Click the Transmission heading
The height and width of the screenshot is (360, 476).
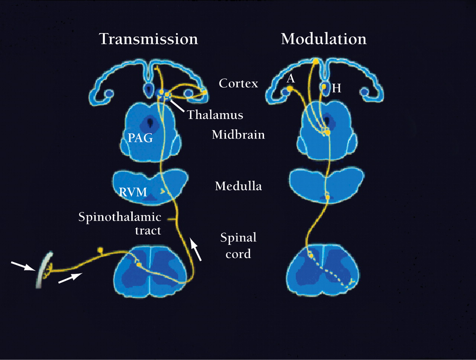(x=148, y=39)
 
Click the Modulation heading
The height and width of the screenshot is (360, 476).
(x=324, y=39)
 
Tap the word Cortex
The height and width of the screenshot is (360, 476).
(x=238, y=83)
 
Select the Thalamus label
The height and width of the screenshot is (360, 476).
(x=215, y=115)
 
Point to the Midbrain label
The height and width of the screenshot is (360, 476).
(x=238, y=134)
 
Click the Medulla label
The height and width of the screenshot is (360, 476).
(x=238, y=186)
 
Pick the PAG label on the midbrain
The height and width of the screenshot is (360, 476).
(x=140, y=138)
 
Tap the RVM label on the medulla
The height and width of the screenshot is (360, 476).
(x=133, y=192)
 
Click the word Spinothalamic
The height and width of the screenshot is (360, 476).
(x=120, y=217)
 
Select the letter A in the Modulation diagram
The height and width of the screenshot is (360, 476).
(x=291, y=78)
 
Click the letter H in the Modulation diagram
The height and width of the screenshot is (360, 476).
(x=336, y=88)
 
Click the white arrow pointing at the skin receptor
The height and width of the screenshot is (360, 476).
(x=22, y=266)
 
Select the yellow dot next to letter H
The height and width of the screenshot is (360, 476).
(x=324, y=87)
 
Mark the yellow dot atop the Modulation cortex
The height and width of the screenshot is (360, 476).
(x=316, y=61)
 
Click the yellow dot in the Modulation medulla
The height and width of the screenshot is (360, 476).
(x=327, y=197)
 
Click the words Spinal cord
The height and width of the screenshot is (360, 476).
(x=238, y=246)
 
